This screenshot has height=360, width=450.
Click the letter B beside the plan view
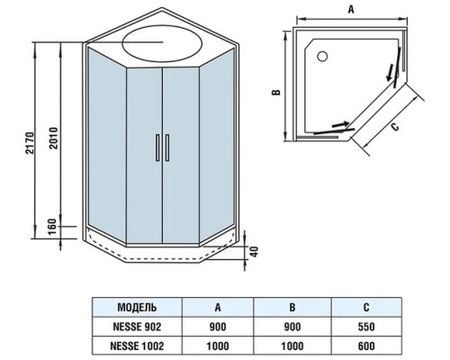[x=279, y=92]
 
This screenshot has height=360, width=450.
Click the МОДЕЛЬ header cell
[x=139, y=306]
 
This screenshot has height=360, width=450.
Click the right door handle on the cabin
[x=166, y=148]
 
